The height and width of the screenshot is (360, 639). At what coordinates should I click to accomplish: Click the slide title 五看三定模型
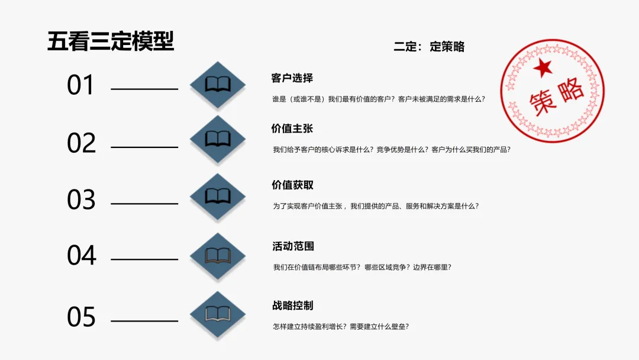[111, 42]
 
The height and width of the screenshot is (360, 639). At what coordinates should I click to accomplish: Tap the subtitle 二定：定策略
[429, 47]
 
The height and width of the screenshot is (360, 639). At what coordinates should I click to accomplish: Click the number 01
[80, 85]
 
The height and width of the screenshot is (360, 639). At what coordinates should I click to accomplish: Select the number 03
[81, 200]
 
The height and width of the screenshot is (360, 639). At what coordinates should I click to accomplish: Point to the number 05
[81, 317]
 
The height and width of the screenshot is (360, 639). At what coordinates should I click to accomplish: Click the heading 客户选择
[292, 78]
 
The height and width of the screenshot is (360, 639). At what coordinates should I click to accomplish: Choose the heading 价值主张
[292, 128]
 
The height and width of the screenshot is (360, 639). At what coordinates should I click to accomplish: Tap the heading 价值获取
[292, 185]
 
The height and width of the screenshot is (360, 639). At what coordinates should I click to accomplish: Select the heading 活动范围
[293, 246]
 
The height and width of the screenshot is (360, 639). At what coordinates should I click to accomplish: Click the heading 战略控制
[293, 306]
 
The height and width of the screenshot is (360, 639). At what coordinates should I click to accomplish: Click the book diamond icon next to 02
[218, 140]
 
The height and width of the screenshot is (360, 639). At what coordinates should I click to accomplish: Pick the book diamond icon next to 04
[218, 256]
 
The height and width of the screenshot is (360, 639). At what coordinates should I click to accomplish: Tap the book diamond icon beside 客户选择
[218, 84]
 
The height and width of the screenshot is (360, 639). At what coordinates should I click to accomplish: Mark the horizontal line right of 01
[144, 89]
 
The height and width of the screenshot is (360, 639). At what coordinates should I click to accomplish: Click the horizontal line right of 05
[144, 322]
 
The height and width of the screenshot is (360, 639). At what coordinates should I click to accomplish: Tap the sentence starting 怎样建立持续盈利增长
[341, 326]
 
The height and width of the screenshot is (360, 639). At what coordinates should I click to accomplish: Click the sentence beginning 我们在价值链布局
[362, 267]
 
